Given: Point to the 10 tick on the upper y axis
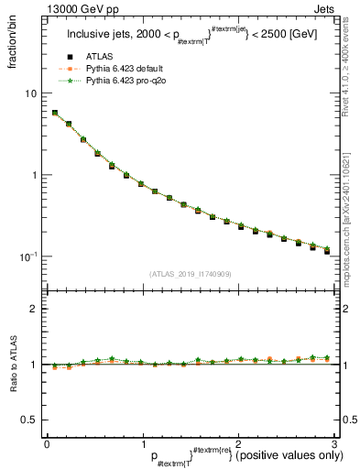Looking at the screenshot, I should tap(30, 93).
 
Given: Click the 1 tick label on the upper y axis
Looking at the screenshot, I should tap(33, 175).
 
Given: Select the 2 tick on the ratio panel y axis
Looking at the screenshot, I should tap(33, 309).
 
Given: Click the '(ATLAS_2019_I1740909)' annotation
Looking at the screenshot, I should tap(189, 274).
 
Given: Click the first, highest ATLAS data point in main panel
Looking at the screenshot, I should tap(55, 114).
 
